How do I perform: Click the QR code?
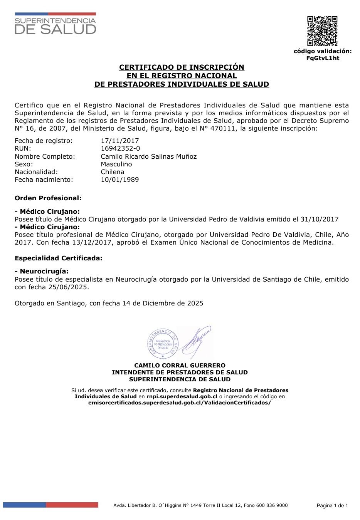click(x=322, y=31)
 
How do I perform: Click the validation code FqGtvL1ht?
click(x=323, y=58)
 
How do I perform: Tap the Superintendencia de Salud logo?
click(x=55, y=24)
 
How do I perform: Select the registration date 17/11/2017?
click(x=120, y=141)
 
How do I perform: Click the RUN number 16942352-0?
click(x=121, y=149)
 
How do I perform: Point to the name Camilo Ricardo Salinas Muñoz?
click(x=149, y=156)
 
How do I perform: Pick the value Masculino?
click(x=116, y=164)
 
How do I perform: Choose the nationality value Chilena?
click(x=113, y=172)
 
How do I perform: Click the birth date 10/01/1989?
click(x=120, y=179)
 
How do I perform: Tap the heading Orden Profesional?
click(x=48, y=198)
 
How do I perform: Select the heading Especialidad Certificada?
click(x=59, y=258)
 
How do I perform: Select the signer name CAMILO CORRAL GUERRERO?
click(x=180, y=365)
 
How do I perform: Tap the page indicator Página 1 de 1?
click(x=332, y=506)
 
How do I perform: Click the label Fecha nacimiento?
click(x=44, y=179)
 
